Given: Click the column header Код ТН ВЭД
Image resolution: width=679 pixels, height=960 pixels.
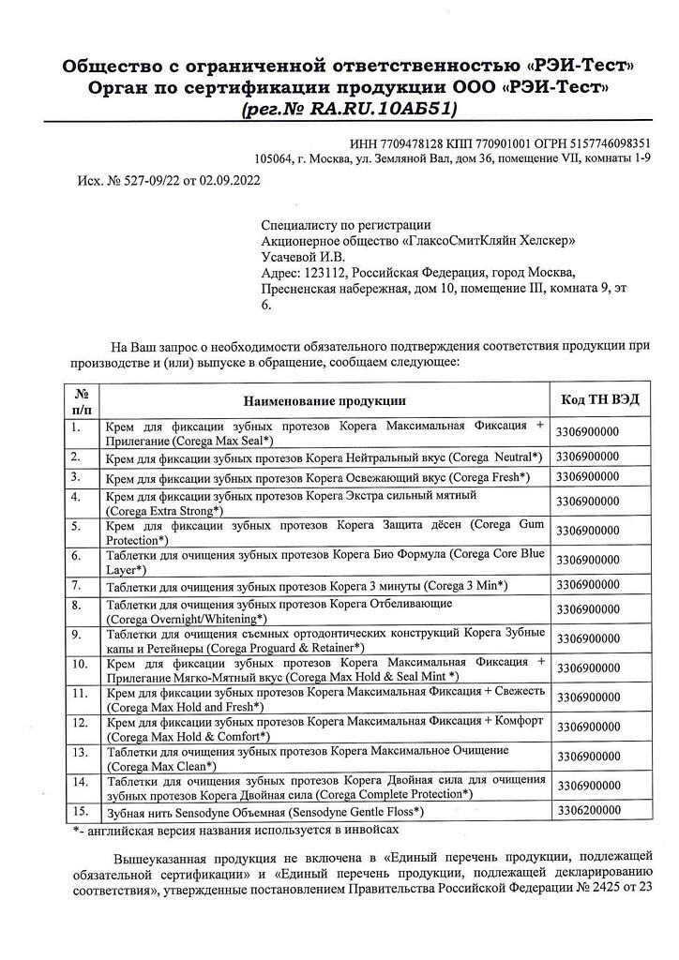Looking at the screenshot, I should point(600,399).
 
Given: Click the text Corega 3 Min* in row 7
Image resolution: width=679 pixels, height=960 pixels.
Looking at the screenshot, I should point(466,586).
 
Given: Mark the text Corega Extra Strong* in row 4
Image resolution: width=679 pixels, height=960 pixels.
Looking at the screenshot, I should point(164,510).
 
